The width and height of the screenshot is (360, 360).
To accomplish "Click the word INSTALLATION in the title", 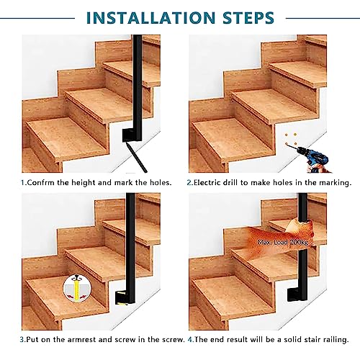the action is point(150,17).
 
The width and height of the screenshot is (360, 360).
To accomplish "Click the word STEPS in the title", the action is point(248,17).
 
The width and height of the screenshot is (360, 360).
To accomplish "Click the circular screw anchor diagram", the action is point(77,288).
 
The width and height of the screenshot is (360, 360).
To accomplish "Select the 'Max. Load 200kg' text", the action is point(282,242).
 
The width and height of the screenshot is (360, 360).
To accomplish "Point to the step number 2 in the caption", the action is point(189,183).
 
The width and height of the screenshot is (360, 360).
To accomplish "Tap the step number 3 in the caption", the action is point(22,340).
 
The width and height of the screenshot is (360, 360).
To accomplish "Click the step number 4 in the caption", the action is point(190,340).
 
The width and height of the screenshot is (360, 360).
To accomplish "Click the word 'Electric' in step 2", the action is point(207,183).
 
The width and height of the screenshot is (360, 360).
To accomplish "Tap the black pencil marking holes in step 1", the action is point(135,156).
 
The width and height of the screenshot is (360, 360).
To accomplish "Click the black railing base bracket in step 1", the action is point(132,135).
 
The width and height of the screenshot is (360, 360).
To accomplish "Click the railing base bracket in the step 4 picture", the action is point(297,294).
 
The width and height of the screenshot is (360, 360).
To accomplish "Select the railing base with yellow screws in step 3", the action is point(125,298).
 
